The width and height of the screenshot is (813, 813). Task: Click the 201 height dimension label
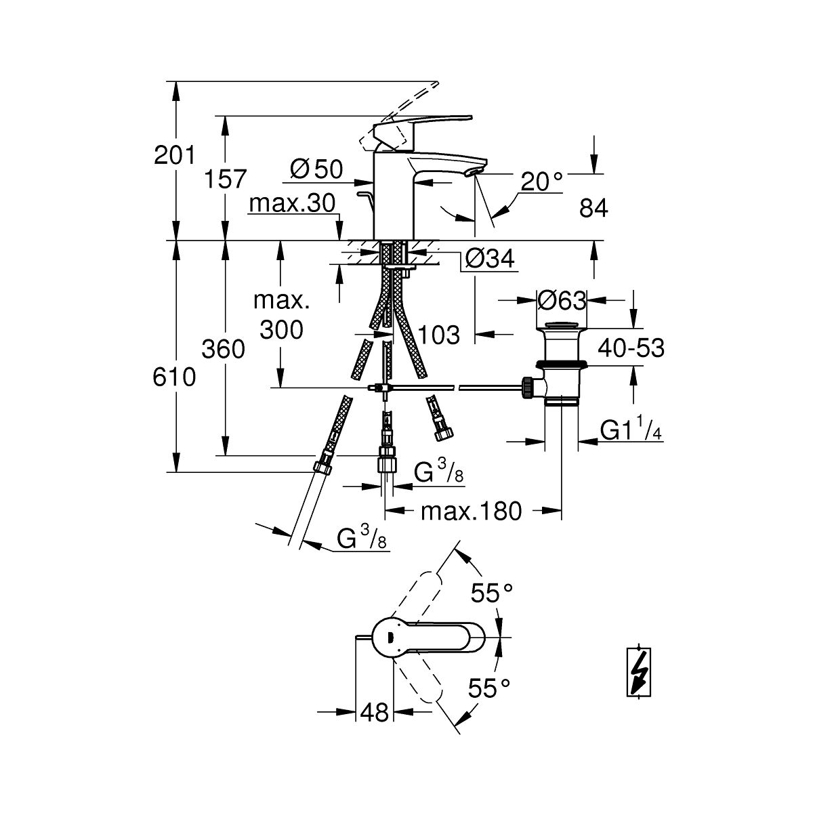coord(174,156)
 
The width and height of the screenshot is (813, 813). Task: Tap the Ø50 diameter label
coord(316,169)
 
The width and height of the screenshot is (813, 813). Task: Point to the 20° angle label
coord(542,180)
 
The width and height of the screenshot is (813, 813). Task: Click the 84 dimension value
coord(593,209)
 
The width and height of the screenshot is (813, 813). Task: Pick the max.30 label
coord(292,203)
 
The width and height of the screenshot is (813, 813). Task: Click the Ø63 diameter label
coord(562,299)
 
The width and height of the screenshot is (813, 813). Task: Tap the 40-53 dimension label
coord(631,348)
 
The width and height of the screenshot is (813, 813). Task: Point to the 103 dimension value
coord(439,334)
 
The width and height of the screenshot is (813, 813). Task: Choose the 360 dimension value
coord(224,349)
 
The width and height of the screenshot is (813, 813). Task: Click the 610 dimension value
coord(174,377)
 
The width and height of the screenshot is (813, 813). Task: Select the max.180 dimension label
coord(472,512)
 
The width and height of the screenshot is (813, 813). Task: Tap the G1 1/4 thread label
coord(631,430)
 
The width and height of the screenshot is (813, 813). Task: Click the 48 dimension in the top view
coord(375,711)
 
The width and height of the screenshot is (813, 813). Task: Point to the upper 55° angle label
coord(492,593)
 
